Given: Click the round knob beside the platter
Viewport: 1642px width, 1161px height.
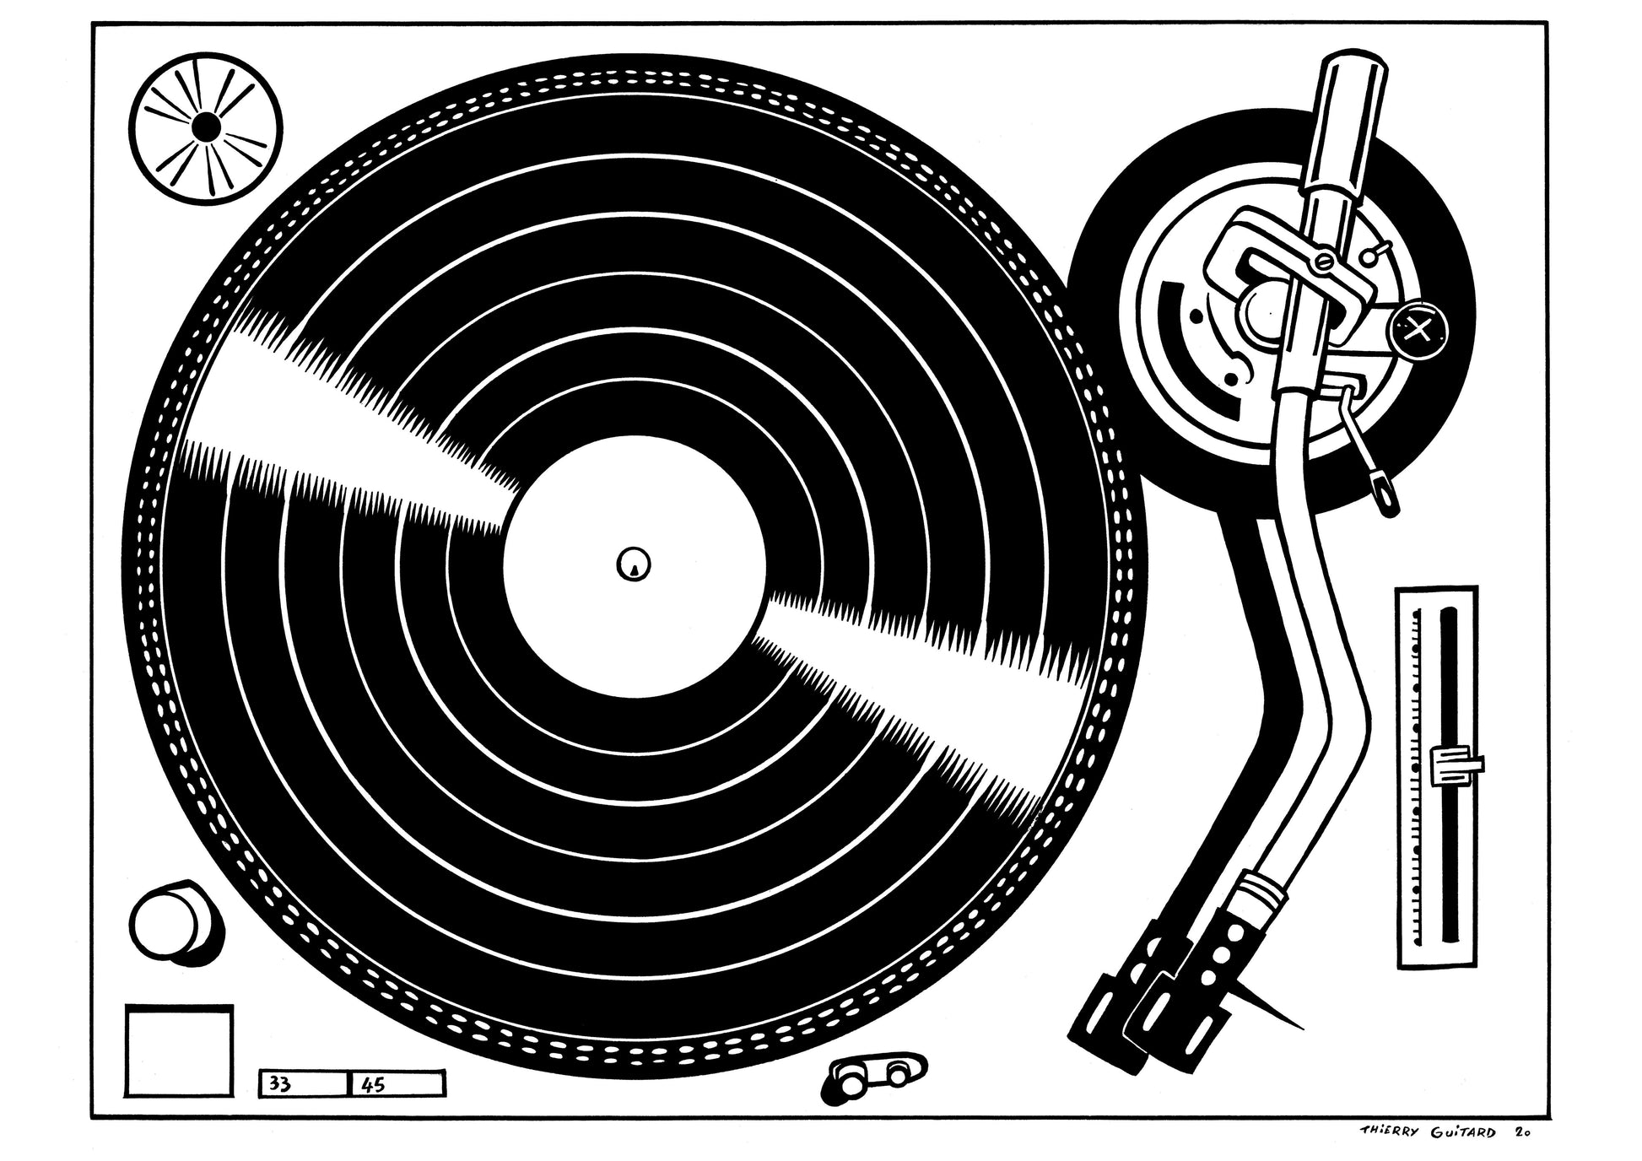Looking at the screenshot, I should pyautogui.click(x=173, y=921).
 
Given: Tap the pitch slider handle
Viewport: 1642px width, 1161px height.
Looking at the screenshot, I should pyautogui.click(x=1456, y=762).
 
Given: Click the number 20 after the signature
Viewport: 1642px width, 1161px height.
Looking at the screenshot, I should pyautogui.click(x=1521, y=1133).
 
